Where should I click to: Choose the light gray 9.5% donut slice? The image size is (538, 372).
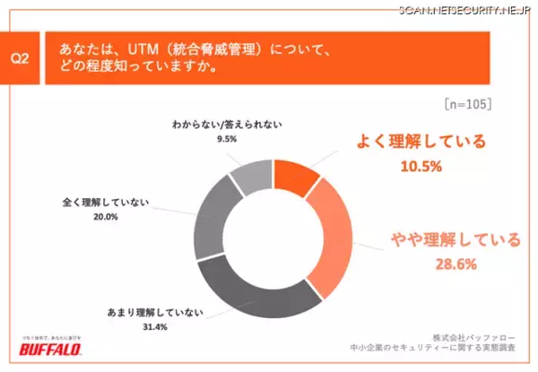[249, 176]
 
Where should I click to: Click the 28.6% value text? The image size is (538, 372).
[442, 264]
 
